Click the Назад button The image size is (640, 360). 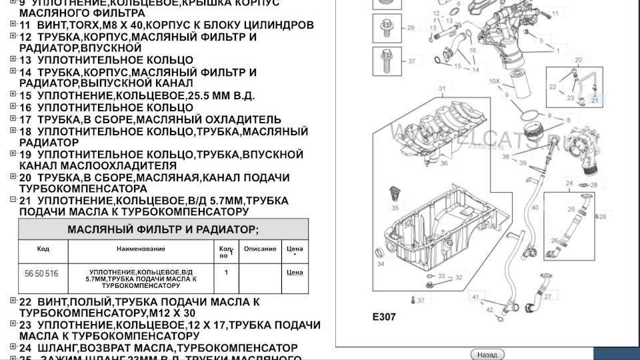(x=487, y=355)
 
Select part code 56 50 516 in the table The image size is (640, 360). (x=41, y=274)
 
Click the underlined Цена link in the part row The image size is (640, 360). (x=294, y=273)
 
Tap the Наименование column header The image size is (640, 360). (x=141, y=249)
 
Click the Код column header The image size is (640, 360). (x=43, y=249)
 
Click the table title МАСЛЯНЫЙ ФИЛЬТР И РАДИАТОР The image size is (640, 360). (x=163, y=230)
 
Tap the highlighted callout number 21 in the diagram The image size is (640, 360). (x=595, y=99)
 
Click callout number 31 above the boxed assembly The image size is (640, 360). (x=441, y=88)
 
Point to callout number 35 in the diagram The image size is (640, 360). (x=395, y=208)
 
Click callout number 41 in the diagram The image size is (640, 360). (x=475, y=296)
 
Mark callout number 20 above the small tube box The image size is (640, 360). (x=578, y=60)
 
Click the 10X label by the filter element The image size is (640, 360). (x=494, y=81)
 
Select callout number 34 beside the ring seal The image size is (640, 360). (x=381, y=265)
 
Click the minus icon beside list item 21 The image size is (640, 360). (x=13, y=200)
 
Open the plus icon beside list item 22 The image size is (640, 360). (x=13, y=301)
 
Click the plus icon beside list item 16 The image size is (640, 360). (x=13, y=106)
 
